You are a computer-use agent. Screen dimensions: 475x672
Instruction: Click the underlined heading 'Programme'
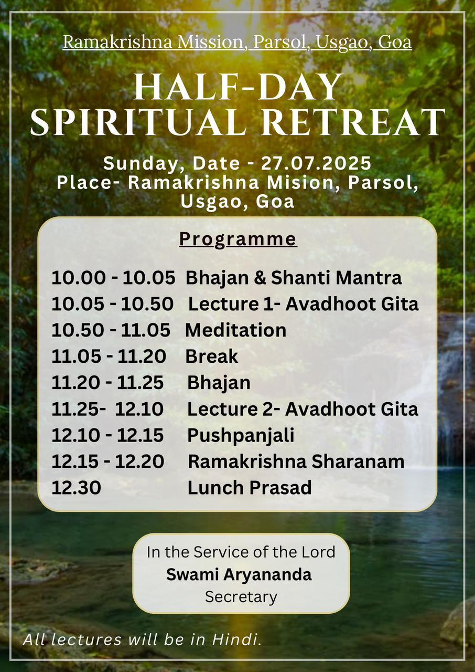(238, 239)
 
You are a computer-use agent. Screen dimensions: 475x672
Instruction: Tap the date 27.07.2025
(316, 163)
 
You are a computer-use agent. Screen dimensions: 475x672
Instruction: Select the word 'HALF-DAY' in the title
(238, 87)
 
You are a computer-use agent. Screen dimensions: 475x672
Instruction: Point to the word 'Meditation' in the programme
(236, 330)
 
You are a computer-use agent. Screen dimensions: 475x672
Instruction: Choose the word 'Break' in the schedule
(212, 356)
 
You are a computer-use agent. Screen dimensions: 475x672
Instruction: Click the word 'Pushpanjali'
(241, 436)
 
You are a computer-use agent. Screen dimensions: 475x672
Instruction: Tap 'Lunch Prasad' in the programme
(250, 488)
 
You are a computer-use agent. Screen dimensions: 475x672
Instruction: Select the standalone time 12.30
(77, 488)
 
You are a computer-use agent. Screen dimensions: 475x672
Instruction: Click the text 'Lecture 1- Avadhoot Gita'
(304, 304)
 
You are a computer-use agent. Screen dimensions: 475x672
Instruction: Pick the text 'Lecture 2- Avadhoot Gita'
(303, 409)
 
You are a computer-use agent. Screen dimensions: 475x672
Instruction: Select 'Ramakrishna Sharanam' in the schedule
(296, 461)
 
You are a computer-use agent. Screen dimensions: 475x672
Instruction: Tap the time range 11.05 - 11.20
(109, 356)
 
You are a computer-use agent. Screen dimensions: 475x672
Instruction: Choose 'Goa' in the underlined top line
(395, 43)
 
